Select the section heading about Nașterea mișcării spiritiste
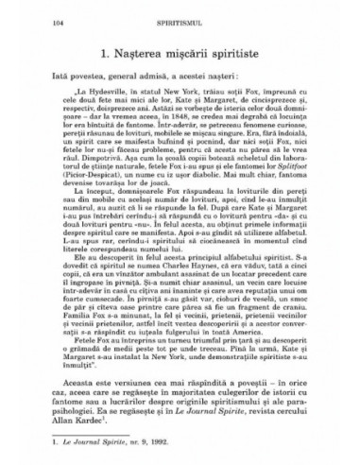coord(180,49)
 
